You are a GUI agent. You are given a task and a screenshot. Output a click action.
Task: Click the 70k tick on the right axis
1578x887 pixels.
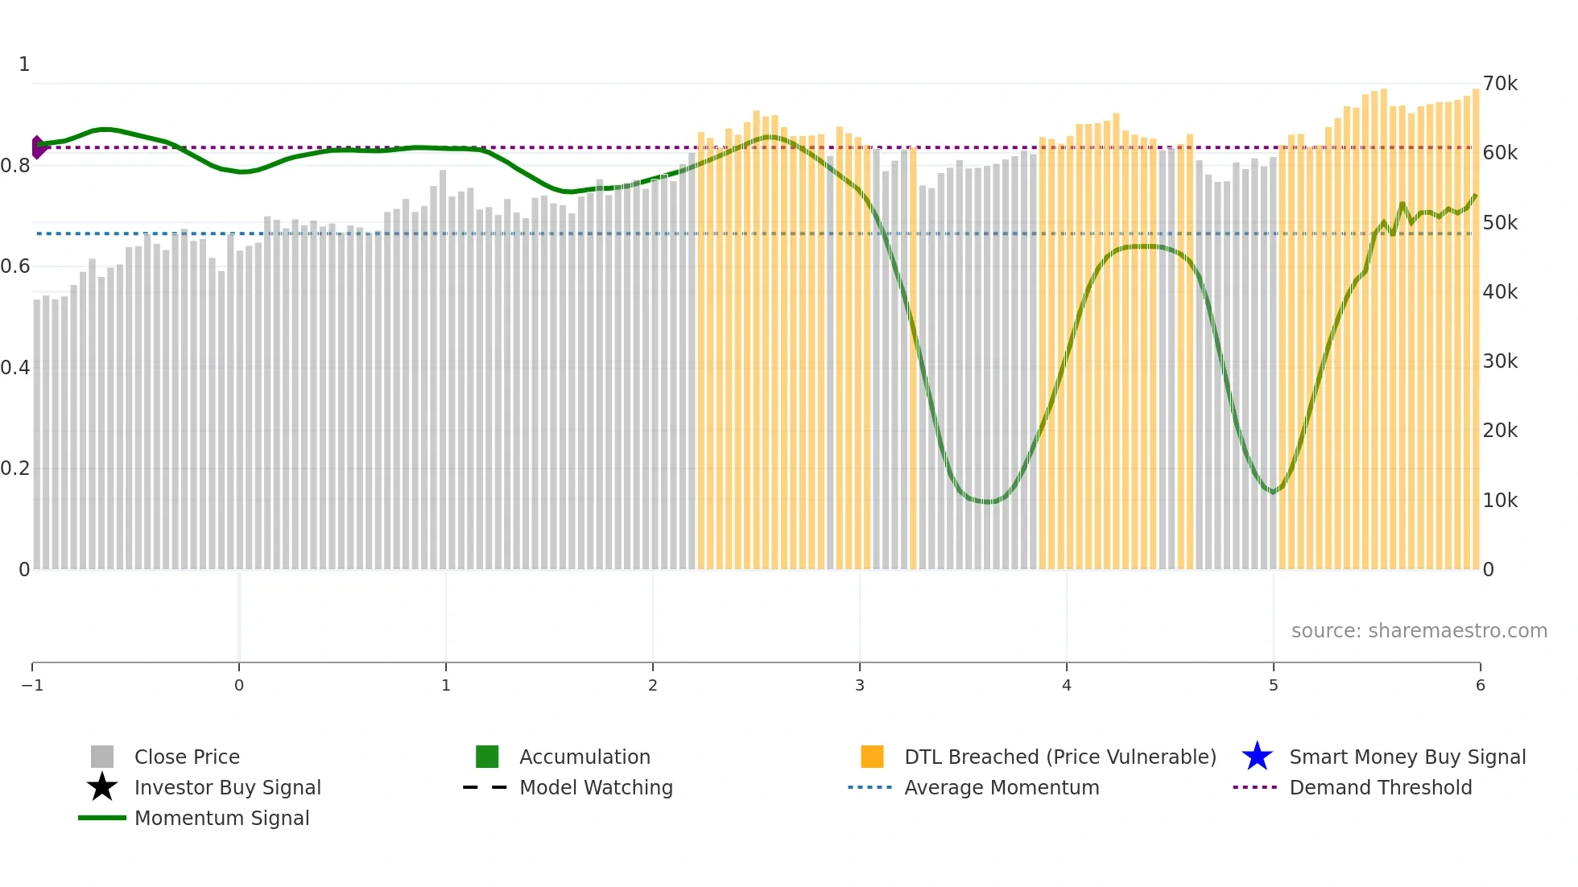click(1500, 84)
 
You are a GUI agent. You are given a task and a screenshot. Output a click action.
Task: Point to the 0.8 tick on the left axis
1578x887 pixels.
click(15, 166)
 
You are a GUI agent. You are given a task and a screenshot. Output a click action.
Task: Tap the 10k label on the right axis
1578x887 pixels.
click(1500, 501)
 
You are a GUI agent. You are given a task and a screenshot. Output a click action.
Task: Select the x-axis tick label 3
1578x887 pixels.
click(860, 686)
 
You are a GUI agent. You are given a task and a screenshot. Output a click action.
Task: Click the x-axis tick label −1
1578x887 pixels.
click(32, 686)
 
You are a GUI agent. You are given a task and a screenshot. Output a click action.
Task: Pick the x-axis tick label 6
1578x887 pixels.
click(1480, 686)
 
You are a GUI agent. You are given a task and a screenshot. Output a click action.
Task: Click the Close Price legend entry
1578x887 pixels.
click(187, 757)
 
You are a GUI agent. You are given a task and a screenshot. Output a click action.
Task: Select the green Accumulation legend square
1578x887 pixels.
click(487, 757)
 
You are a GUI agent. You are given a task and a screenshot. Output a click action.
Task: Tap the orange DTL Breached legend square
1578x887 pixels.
click(872, 757)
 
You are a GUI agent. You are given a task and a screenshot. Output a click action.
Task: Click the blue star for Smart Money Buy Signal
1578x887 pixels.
click(1257, 757)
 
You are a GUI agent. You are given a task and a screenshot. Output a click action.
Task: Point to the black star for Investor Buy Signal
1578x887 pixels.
click(102, 787)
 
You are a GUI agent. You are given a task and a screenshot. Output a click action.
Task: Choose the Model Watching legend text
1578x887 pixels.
click(596, 788)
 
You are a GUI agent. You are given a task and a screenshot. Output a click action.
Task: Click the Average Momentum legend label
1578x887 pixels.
click(1002, 788)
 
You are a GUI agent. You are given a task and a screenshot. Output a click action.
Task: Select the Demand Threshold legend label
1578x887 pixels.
click(1380, 788)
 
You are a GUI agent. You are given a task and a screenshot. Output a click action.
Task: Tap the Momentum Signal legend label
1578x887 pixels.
click(221, 819)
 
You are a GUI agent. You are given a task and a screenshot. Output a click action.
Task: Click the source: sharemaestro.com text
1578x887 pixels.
click(1419, 631)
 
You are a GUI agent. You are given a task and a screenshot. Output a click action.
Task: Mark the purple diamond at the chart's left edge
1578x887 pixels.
click(37, 147)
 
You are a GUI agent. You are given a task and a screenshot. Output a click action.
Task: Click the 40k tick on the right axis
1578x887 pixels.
click(1500, 292)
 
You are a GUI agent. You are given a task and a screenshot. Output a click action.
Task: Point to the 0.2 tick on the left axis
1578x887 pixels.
click(15, 468)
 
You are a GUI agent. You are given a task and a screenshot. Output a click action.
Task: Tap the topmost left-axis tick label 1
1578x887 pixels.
click(24, 64)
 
